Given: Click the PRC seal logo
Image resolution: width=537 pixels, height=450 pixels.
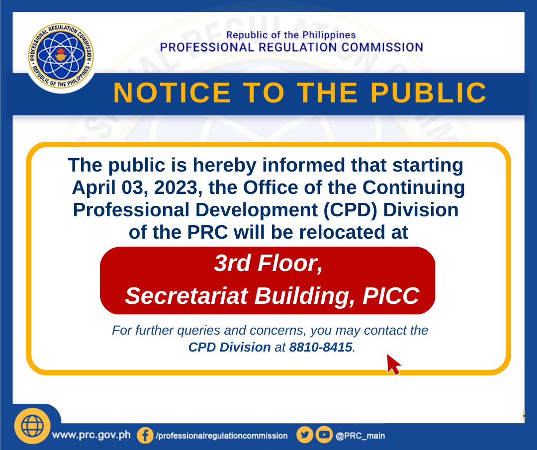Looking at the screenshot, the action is pos(61,56).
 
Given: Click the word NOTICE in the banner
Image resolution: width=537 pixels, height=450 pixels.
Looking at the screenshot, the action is pos(172,92).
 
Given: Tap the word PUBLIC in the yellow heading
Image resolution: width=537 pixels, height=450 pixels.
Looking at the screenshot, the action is pos(429,92).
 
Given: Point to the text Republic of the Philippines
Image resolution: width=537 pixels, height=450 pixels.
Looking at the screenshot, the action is pos(291,35).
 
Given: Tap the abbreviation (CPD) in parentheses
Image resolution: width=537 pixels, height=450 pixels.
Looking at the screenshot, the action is pos(351,210).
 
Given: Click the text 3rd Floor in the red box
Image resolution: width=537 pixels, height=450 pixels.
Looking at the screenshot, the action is pos(268,263).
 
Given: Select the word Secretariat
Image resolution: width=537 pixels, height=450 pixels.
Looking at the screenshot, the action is pos(186,295).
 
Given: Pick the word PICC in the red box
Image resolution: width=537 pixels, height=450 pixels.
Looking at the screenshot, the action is pos(391,295).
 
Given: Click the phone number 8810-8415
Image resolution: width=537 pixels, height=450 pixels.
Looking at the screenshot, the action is pos(321,347).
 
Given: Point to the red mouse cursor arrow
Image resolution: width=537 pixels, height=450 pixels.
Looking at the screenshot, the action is pos(393,364).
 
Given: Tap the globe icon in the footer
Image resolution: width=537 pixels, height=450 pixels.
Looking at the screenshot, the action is pos(32,426).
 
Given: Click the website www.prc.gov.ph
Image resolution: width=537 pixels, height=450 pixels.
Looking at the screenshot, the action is pos(91,435).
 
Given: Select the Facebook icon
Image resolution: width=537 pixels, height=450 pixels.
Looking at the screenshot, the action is pos(145,436).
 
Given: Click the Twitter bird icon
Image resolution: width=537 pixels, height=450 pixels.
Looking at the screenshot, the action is pos(305,435).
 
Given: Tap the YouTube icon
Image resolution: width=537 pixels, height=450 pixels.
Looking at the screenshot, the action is pos(324,435).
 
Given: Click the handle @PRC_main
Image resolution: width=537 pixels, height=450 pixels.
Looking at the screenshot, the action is pos(360,436).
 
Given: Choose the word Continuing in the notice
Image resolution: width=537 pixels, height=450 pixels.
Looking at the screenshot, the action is pos(414,187).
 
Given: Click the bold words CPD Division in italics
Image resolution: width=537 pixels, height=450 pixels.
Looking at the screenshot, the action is pos(229,347).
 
